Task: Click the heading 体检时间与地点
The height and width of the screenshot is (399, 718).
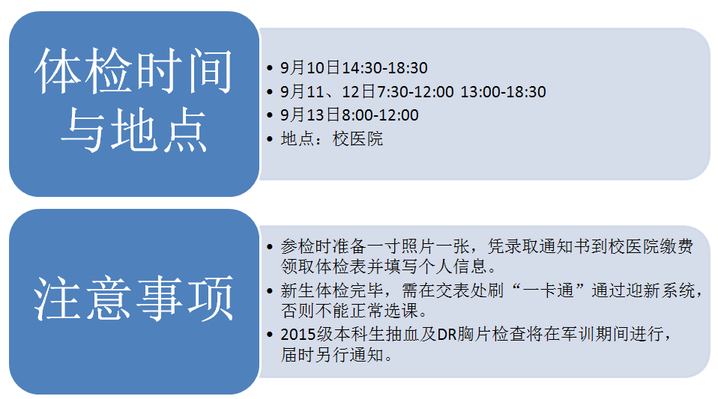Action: pyautogui.click(x=133, y=100)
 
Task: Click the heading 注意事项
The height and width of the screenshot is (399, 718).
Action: pyautogui.click(x=133, y=299)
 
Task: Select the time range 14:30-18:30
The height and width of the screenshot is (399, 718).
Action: pyautogui.click(x=384, y=68)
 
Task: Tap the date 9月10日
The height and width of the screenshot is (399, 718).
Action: pyautogui.click(x=310, y=68)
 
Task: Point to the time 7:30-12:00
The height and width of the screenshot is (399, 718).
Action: pyautogui.click(x=415, y=92)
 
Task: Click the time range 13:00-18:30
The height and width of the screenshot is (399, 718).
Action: pyautogui.click(x=503, y=92)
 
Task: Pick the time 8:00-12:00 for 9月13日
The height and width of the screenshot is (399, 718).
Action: pyautogui.click(x=380, y=115)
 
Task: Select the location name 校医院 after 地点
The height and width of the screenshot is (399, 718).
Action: pyautogui.click(x=358, y=138)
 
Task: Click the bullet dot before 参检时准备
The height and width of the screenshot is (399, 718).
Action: pyautogui.click(x=269, y=247)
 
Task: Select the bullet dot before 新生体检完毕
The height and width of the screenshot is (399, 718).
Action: pyautogui.click(x=269, y=291)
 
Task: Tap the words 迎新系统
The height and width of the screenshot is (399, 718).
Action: pyautogui.click(x=661, y=290)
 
